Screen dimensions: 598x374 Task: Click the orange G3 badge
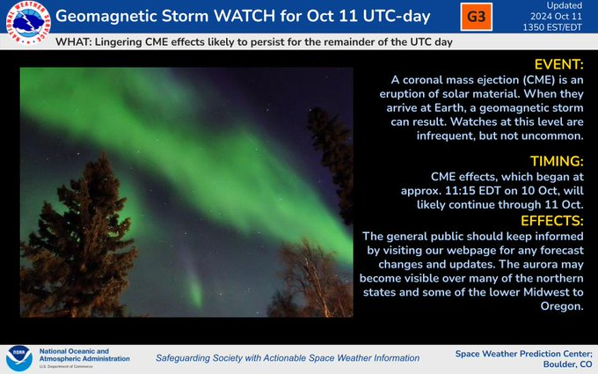476,17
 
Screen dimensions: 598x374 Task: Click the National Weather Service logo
28,23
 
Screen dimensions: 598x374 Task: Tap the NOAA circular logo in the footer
19,359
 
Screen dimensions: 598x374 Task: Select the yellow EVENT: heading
558,64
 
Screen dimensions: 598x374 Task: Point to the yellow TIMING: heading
557,161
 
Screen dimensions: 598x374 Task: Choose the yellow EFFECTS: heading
552,221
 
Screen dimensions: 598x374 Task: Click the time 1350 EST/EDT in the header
552,27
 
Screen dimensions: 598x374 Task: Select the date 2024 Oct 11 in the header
556,17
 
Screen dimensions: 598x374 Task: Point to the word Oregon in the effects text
562,306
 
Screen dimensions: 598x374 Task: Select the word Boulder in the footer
560,364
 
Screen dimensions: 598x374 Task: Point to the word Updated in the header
564,5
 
